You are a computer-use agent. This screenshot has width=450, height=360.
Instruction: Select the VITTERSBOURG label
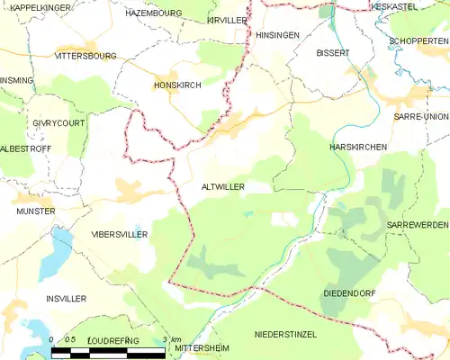(85, 55)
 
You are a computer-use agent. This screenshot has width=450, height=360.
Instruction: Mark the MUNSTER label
(35, 211)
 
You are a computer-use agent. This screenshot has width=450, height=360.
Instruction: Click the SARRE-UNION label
(420, 118)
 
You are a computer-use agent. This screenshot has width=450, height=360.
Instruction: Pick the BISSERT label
(332, 53)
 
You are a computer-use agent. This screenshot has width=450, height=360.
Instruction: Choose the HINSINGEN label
(276, 34)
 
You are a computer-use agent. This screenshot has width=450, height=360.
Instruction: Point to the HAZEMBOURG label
(153, 14)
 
